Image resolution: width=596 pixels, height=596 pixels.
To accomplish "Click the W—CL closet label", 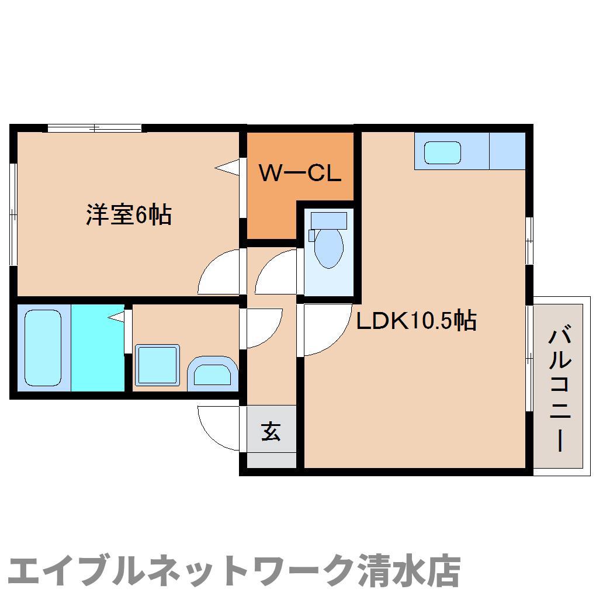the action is coord(300,173).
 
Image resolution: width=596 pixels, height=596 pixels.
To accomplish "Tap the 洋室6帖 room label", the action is coord(129,215).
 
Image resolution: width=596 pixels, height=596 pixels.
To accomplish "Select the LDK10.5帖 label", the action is coord(416,320).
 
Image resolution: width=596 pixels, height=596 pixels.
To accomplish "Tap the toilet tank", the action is coord(329,220).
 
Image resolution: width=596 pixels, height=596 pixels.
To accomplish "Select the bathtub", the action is coord(43,348).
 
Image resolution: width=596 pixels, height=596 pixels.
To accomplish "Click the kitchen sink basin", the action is coord(442,153).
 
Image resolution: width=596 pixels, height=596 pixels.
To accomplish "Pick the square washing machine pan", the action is coord(157,365).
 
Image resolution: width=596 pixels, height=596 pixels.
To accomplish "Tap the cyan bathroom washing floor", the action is coord(98,348).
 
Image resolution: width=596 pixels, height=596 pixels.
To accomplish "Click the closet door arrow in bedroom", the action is coord(227,167).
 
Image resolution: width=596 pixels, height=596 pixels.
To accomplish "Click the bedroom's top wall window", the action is coord(94,128).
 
